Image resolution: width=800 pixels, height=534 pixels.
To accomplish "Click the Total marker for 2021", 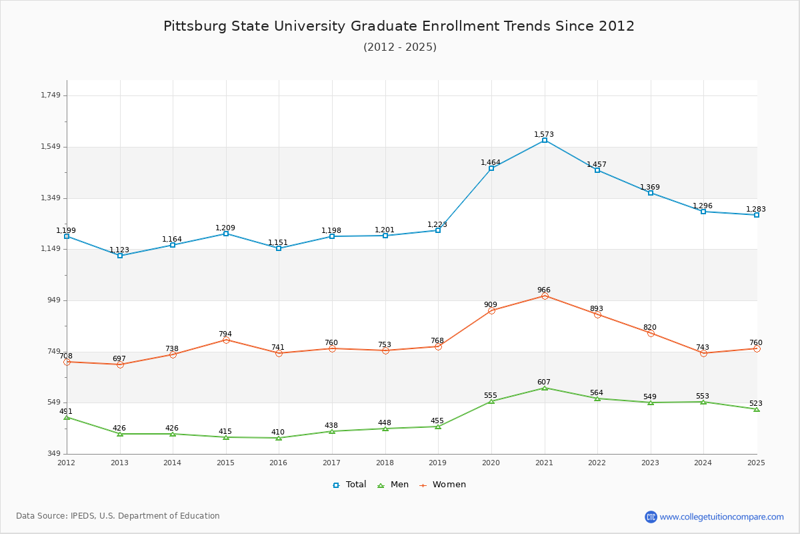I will pyautogui.click(x=545, y=140).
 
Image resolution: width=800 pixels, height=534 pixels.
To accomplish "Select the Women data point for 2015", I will pyautogui.click(x=226, y=340).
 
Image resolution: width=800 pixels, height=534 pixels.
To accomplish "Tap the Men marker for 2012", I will pyautogui.click(x=67, y=417).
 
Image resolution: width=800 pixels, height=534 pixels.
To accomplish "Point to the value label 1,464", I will pyautogui.click(x=491, y=163).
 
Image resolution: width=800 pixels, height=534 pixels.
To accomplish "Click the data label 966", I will pyautogui.click(x=544, y=290).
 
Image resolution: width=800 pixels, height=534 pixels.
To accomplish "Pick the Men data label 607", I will pyautogui.click(x=544, y=382).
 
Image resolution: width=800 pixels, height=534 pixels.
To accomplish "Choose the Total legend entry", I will pyautogui.click(x=349, y=485).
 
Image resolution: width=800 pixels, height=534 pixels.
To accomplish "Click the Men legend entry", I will pyautogui.click(x=394, y=485).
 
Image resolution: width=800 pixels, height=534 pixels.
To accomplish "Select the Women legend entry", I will pyautogui.click(x=443, y=485).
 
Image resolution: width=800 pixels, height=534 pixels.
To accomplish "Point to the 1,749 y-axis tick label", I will pyautogui.click(x=51, y=95).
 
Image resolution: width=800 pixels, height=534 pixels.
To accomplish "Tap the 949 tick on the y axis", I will pyautogui.click(x=53, y=300).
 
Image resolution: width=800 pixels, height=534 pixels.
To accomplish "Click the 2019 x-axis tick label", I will pyautogui.click(x=437, y=463).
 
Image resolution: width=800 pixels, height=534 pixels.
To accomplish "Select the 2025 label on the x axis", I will pyautogui.click(x=756, y=463).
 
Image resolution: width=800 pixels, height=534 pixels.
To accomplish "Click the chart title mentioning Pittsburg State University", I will pyautogui.click(x=399, y=26).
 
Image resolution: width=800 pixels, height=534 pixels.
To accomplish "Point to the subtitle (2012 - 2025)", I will pyautogui.click(x=400, y=47).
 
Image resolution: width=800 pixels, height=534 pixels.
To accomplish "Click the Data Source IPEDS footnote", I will pyautogui.click(x=118, y=516).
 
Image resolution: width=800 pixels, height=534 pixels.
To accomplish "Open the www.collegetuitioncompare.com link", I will pyautogui.click(x=721, y=517).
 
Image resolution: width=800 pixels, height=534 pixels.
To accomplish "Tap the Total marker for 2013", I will pyautogui.click(x=120, y=256).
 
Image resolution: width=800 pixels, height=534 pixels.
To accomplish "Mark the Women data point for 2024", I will pyautogui.click(x=703, y=353).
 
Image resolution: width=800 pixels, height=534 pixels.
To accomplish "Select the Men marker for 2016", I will pyautogui.click(x=279, y=438).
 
